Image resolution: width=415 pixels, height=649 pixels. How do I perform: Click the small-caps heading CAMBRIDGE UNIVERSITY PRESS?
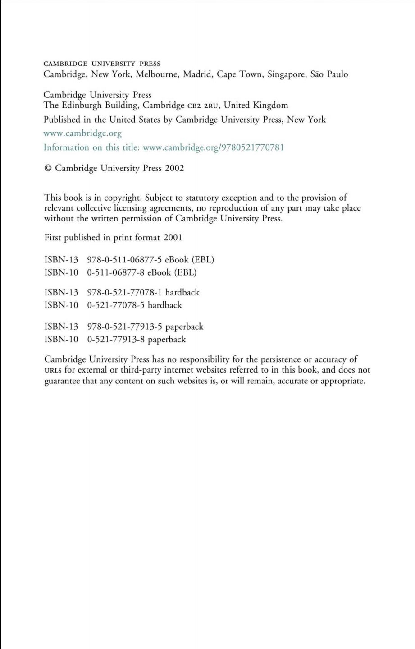[x=101, y=64]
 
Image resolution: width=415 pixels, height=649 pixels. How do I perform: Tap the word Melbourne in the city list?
[x=157, y=74]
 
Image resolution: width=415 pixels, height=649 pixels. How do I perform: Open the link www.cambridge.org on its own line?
[x=82, y=133]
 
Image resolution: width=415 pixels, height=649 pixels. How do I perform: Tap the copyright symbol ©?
[x=48, y=168]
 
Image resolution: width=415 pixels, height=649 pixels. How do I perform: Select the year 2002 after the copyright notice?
[x=174, y=168]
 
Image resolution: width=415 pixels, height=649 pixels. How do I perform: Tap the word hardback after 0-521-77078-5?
[x=165, y=305]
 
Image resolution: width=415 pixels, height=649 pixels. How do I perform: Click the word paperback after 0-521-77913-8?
[x=167, y=340]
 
